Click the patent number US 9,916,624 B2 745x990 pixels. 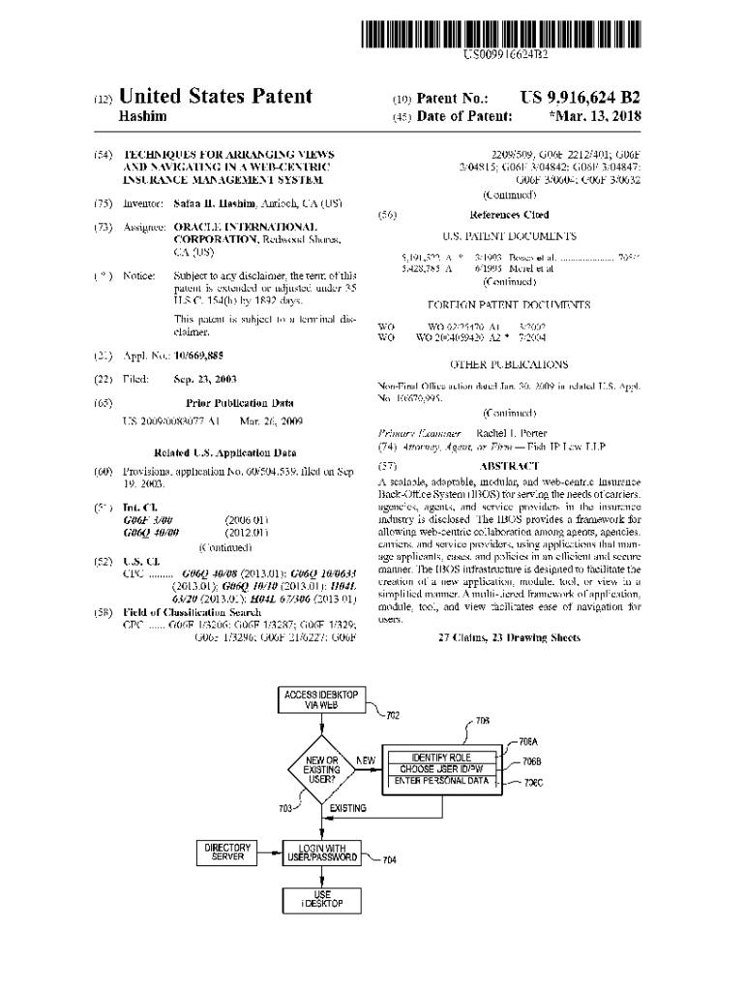pyautogui.click(x=580, y=98)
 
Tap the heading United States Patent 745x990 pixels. pyautogui.click(x=215, y=97)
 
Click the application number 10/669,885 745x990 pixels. pyautogui.click(x=199, y=357)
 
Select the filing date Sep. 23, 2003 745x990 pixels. pyautogui.click(x=205, y=379)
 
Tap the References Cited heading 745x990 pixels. pyautogui.click(x=509, y=215)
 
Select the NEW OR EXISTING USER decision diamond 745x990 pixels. pyautogui.click(x=321, y=770)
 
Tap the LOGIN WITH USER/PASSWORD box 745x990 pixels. pyautogui.click(x=321, y=852)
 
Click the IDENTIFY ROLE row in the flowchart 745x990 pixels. pyautogui.click(x=441, y=756)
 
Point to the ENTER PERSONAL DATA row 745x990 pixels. pyautogui.click(x=441, y=780)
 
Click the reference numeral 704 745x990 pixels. pyautogui.click(x=389, y=859)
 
